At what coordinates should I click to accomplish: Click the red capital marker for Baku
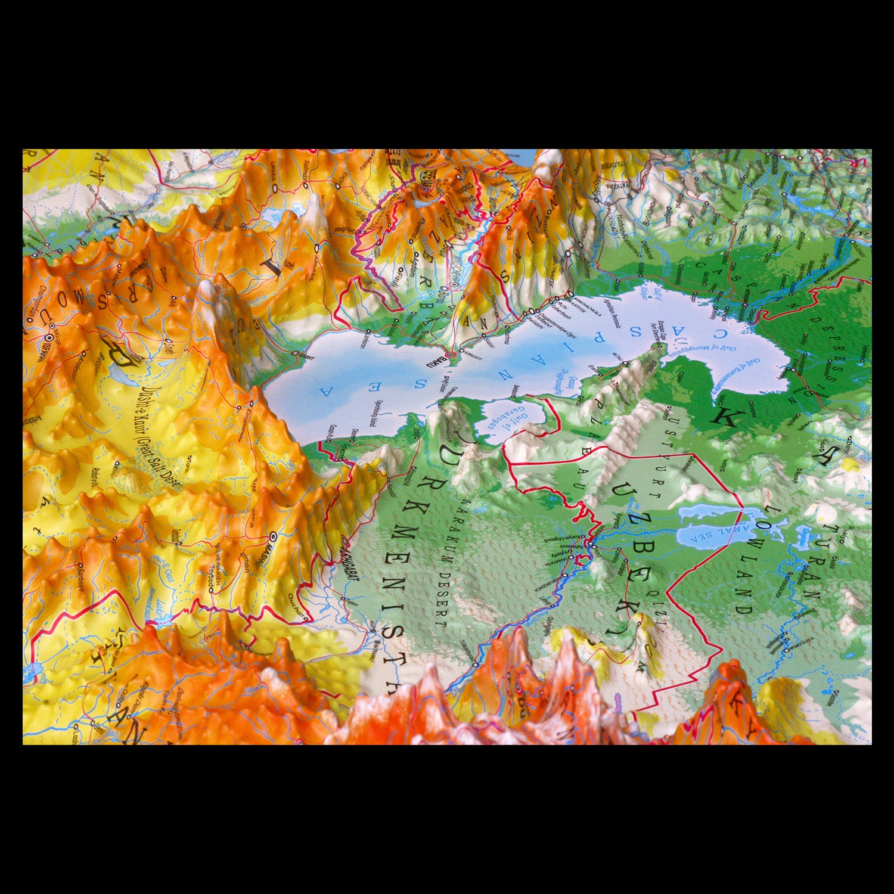point(451,356)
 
